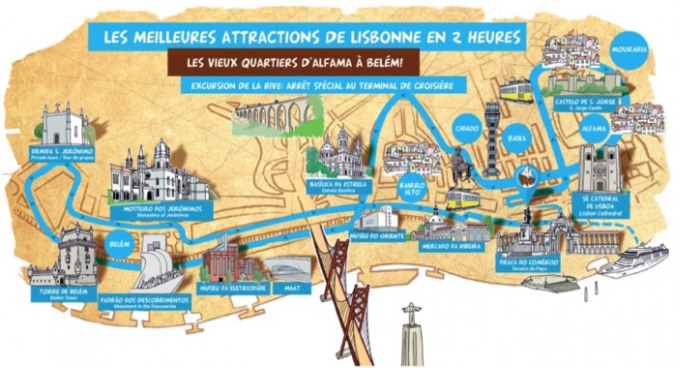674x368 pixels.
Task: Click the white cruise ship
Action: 631,260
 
